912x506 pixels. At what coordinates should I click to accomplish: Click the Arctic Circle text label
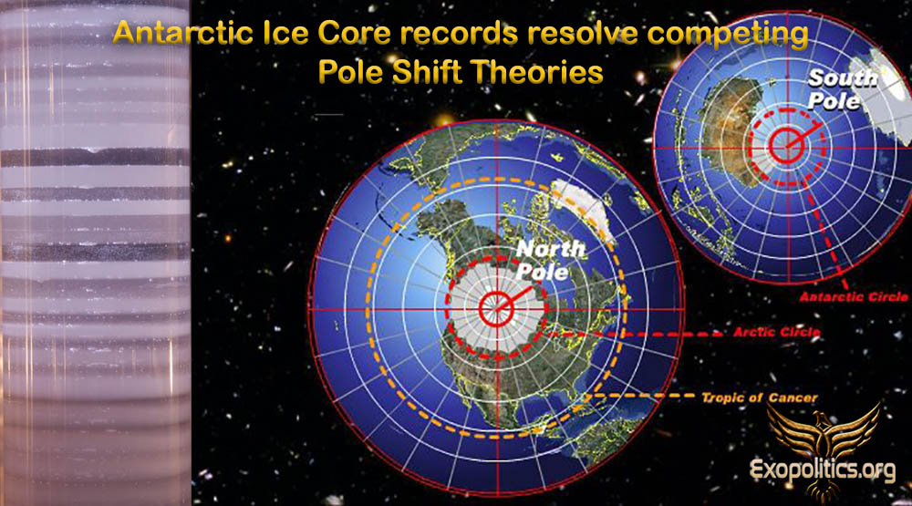776,332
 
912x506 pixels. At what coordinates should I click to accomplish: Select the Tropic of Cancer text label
760,398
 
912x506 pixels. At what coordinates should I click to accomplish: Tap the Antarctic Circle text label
854,296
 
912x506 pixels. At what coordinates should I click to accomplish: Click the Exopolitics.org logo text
823,470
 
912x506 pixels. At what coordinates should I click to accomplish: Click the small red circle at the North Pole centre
497,308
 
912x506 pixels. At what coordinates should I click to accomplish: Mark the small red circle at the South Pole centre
786,145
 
